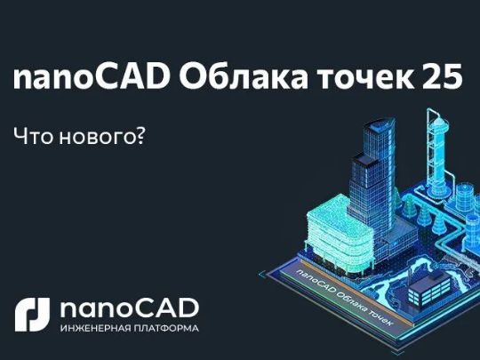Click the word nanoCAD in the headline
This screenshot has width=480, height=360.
[x=92, y=77]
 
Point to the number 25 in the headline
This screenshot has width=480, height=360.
[x=442, y=77]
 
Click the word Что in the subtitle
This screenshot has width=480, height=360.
[x=33, y=136]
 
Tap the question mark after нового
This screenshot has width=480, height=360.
[x=139, y=135]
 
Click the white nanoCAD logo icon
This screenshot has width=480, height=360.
[x=33, y=315]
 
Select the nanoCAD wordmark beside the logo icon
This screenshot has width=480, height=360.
[x=130, y=308]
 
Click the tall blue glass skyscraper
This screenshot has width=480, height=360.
[x=372, y=190]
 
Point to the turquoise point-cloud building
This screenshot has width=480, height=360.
[x=340, y=233]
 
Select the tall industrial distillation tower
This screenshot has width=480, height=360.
[x=439, y=153]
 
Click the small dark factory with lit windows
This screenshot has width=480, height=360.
[x=429, y=288]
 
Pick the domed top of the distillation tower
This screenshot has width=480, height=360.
[x=438, y=123]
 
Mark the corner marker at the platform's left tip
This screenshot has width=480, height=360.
[x=260, y=274]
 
